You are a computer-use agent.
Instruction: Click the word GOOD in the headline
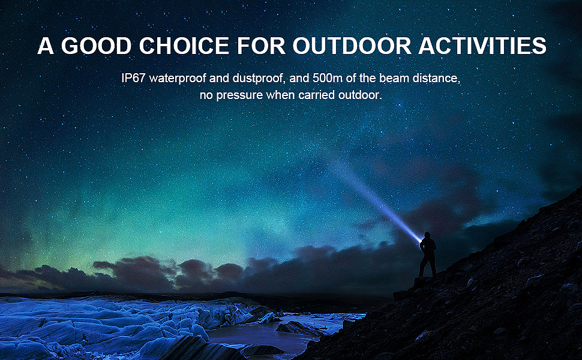click(x=96, y=46)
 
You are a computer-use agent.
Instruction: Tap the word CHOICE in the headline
click(x=184, y=46)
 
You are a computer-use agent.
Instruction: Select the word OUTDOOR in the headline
click(x=352, y=46)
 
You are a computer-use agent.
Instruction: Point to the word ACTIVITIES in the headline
click(x=482, y=46)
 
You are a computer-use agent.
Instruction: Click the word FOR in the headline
click(x=261, y=46)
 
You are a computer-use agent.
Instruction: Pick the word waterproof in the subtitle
click(x=178, y=79)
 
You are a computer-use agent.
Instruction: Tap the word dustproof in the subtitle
click(x=259, y=79)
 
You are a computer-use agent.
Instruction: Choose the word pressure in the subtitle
click(x=239, y=95)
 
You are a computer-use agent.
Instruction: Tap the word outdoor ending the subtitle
click(x=359, y=95)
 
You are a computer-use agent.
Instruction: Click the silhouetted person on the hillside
click(x=427, y=254)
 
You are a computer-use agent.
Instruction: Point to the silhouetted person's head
click(x=427, y=235)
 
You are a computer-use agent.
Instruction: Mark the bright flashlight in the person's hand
click(x=421, y=242)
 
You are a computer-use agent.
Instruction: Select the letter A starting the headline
click(x=45, y=46)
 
